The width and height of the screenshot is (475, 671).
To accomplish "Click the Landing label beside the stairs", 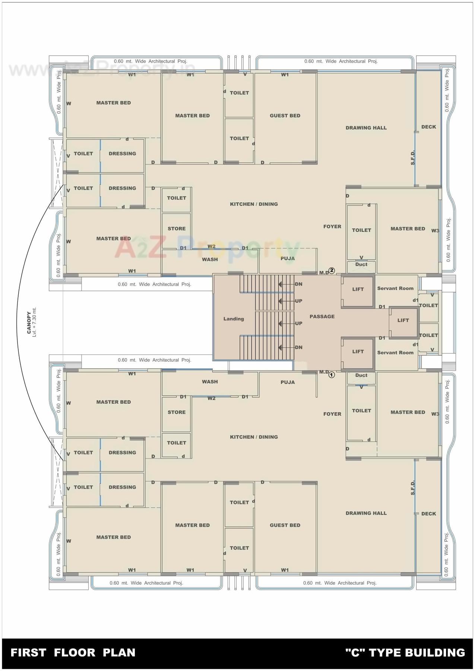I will point(234,319).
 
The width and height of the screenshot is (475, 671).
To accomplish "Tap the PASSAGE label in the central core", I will point(322,316).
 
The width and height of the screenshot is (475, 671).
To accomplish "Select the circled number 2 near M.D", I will point(332,271).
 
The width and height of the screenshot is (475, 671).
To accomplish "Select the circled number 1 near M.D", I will point(332,375).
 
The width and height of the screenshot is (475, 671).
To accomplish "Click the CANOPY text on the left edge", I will point(29,323).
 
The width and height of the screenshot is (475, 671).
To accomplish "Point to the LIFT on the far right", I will point(403,320).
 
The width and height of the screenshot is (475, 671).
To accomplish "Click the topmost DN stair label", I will point(298,284).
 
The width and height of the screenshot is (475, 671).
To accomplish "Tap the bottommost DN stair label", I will point(298,347).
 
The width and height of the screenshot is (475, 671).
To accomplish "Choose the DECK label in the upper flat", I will point(428,127).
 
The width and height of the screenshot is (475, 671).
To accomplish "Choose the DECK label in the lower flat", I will point(428,514).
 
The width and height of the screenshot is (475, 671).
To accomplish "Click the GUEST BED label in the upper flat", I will point(285,116).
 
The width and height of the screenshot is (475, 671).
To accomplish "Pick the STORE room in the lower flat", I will point(177,412).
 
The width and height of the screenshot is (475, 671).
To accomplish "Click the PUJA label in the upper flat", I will point(288,258).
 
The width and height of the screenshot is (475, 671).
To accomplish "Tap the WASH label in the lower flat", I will point(210,382).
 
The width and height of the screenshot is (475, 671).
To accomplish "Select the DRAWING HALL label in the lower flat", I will point(366,513).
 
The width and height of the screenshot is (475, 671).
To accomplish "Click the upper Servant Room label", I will point(395,288).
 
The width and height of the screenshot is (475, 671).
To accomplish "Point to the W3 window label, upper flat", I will point(435,231).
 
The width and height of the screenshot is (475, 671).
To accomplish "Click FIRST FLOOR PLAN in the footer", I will point(73,652).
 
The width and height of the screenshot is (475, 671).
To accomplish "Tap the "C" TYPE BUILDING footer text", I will point(405,652).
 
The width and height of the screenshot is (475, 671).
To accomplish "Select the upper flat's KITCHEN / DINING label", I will point(254,204).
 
